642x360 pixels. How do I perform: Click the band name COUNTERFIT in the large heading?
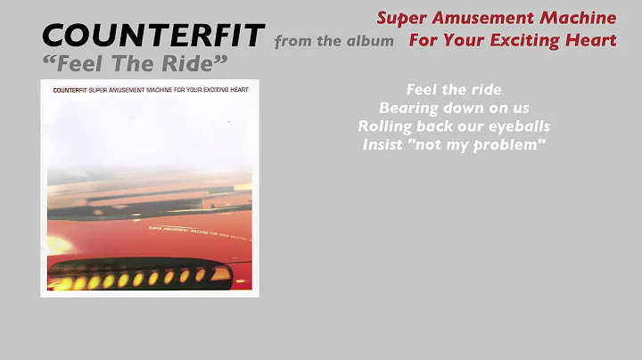pyautogui.click(x=153, y=37)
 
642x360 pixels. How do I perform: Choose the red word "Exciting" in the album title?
pyautogui.click(x=531, y=40)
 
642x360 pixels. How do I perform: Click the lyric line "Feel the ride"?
pyautogui.click(x=453, y=90)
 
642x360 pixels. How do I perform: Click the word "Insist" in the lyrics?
pyautogui.click(x=383, y=145)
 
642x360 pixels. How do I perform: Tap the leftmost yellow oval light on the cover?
pyautogui.click(x=65, y=283)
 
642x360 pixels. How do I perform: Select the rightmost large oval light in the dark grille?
pyautogui.click(x=201, y=275)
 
